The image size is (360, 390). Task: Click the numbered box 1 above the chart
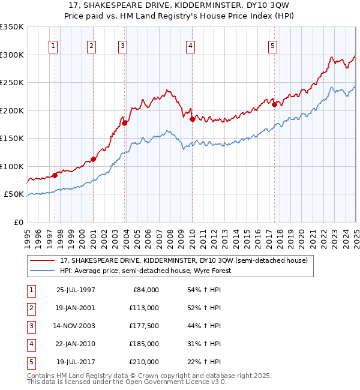coord(53,46)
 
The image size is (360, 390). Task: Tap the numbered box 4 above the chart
coord(190,46)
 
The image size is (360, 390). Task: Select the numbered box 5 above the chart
coord(272,46)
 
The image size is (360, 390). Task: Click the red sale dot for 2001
coord(93,159)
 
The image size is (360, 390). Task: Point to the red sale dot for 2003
coord(125,123)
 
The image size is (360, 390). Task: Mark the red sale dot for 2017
coord(274,104)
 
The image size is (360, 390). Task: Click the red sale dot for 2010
coord(192,119)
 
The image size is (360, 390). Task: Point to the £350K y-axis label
coord(12,27)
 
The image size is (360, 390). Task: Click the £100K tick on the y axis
coord(12,166)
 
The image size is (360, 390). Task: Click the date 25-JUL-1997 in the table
coord(76,290)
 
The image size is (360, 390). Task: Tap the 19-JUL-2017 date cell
coord(76,362)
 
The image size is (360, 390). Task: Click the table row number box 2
coord(32,308)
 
